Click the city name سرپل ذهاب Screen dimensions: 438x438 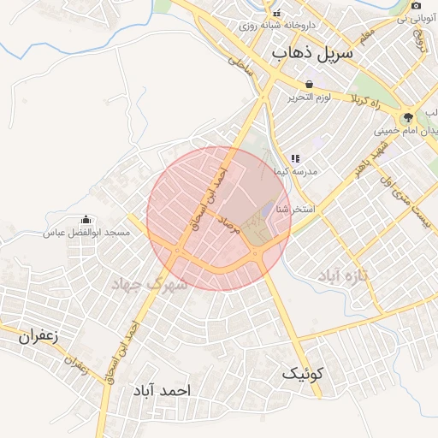point(312,53)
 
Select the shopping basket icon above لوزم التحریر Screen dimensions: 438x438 point(308,84)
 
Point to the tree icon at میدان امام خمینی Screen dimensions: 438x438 point(407,118)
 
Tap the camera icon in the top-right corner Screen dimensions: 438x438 point(416,6)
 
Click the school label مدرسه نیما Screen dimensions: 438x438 point(295,171)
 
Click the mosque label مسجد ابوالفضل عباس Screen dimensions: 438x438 point(87,233)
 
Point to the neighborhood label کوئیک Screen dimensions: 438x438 point(303,373)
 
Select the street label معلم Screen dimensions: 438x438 point(367,36)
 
